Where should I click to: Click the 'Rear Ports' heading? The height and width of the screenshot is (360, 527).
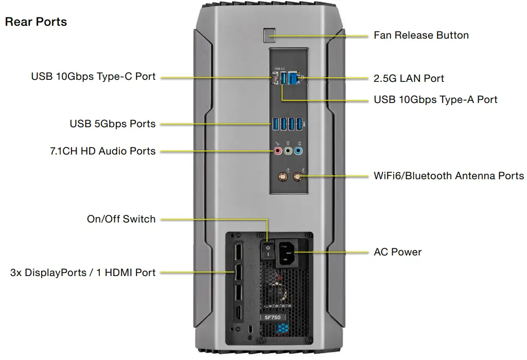coord(36,22)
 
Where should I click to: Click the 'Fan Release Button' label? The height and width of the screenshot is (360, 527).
coord(421,36)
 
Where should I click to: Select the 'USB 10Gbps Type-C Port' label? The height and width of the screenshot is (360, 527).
coord(93,77)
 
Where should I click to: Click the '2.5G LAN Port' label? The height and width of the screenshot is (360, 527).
coord(409,78)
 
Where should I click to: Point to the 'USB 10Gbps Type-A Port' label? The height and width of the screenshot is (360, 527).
coord(435,99)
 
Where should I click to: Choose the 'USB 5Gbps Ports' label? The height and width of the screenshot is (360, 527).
coord(112,124)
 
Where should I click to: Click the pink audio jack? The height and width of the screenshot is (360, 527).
coord(277,151)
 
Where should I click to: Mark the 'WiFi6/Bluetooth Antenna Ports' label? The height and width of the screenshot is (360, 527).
coord(449,176)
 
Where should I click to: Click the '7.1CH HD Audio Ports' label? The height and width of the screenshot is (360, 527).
coord(102,151)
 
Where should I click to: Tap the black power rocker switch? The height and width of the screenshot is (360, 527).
coord(267,251)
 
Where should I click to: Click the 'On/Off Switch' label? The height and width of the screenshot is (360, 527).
coord(121,219)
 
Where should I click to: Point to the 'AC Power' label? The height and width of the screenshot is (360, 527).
coord(397,252)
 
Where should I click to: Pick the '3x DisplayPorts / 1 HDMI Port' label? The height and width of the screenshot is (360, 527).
coord(83,272)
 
